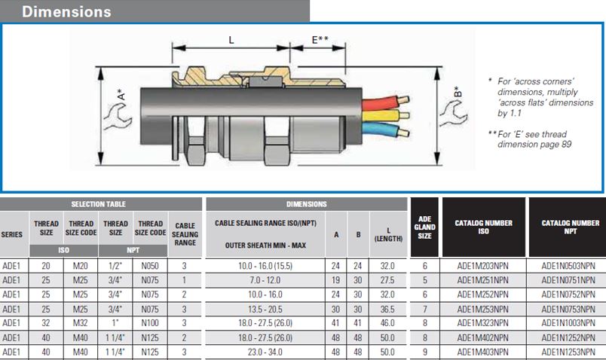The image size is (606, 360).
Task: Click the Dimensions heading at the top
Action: tap(66, 12)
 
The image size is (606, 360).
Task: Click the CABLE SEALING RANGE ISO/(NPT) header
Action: tap(265, 224)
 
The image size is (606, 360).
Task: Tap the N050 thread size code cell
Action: tap(150, 266)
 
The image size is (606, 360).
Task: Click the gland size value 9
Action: tap(424, 351)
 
